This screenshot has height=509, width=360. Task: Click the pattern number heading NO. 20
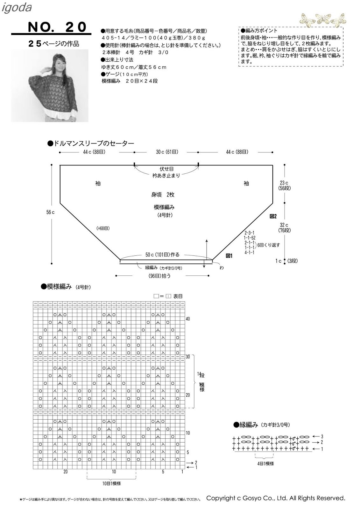coord(57,27)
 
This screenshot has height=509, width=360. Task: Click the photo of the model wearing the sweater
coord(50,86)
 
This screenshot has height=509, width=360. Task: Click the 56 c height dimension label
coord(50,212)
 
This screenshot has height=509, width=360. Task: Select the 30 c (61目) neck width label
coord(167,152)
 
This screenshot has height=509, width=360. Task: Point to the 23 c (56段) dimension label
coord(284,185)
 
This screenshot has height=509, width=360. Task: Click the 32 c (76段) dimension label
coord(284,227)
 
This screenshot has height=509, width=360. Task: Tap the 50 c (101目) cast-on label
coord(162,255)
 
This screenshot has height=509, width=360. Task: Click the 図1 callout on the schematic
coord(229,255)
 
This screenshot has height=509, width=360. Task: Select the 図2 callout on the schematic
coord(273,216)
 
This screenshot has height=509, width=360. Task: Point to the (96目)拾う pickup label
coord(159,276)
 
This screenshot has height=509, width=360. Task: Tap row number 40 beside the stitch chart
coord(188,319)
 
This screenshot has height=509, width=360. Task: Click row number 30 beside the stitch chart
coord(188,357)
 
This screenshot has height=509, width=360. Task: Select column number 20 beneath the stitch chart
coord(65,472)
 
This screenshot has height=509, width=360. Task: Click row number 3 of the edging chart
coord(322,436)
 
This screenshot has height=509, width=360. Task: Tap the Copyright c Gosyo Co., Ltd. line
coord(276,498)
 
